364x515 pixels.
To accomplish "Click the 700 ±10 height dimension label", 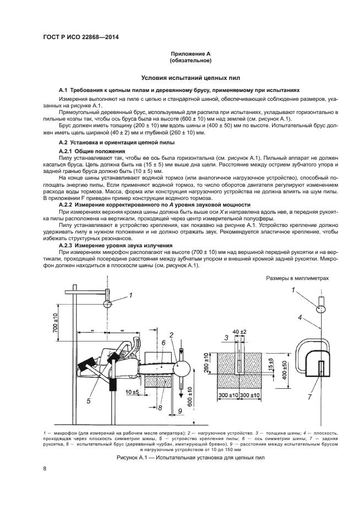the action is (x=55, y=322).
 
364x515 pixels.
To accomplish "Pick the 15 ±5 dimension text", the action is (x=271, y=364).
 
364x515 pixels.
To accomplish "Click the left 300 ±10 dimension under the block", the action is (x=229, y=395).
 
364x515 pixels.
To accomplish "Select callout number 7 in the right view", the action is (x=309, y=397).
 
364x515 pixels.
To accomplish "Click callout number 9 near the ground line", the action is (x=180, y=410).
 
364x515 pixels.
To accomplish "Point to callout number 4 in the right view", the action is (x=300, y=317).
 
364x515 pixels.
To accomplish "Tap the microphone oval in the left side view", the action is (x=107, y=304).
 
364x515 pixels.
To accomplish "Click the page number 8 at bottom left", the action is (x=44, y=469).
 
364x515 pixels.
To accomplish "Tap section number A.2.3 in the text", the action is (x=66, y=245).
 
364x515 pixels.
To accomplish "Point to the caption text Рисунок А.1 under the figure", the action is (x=131, y=458).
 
